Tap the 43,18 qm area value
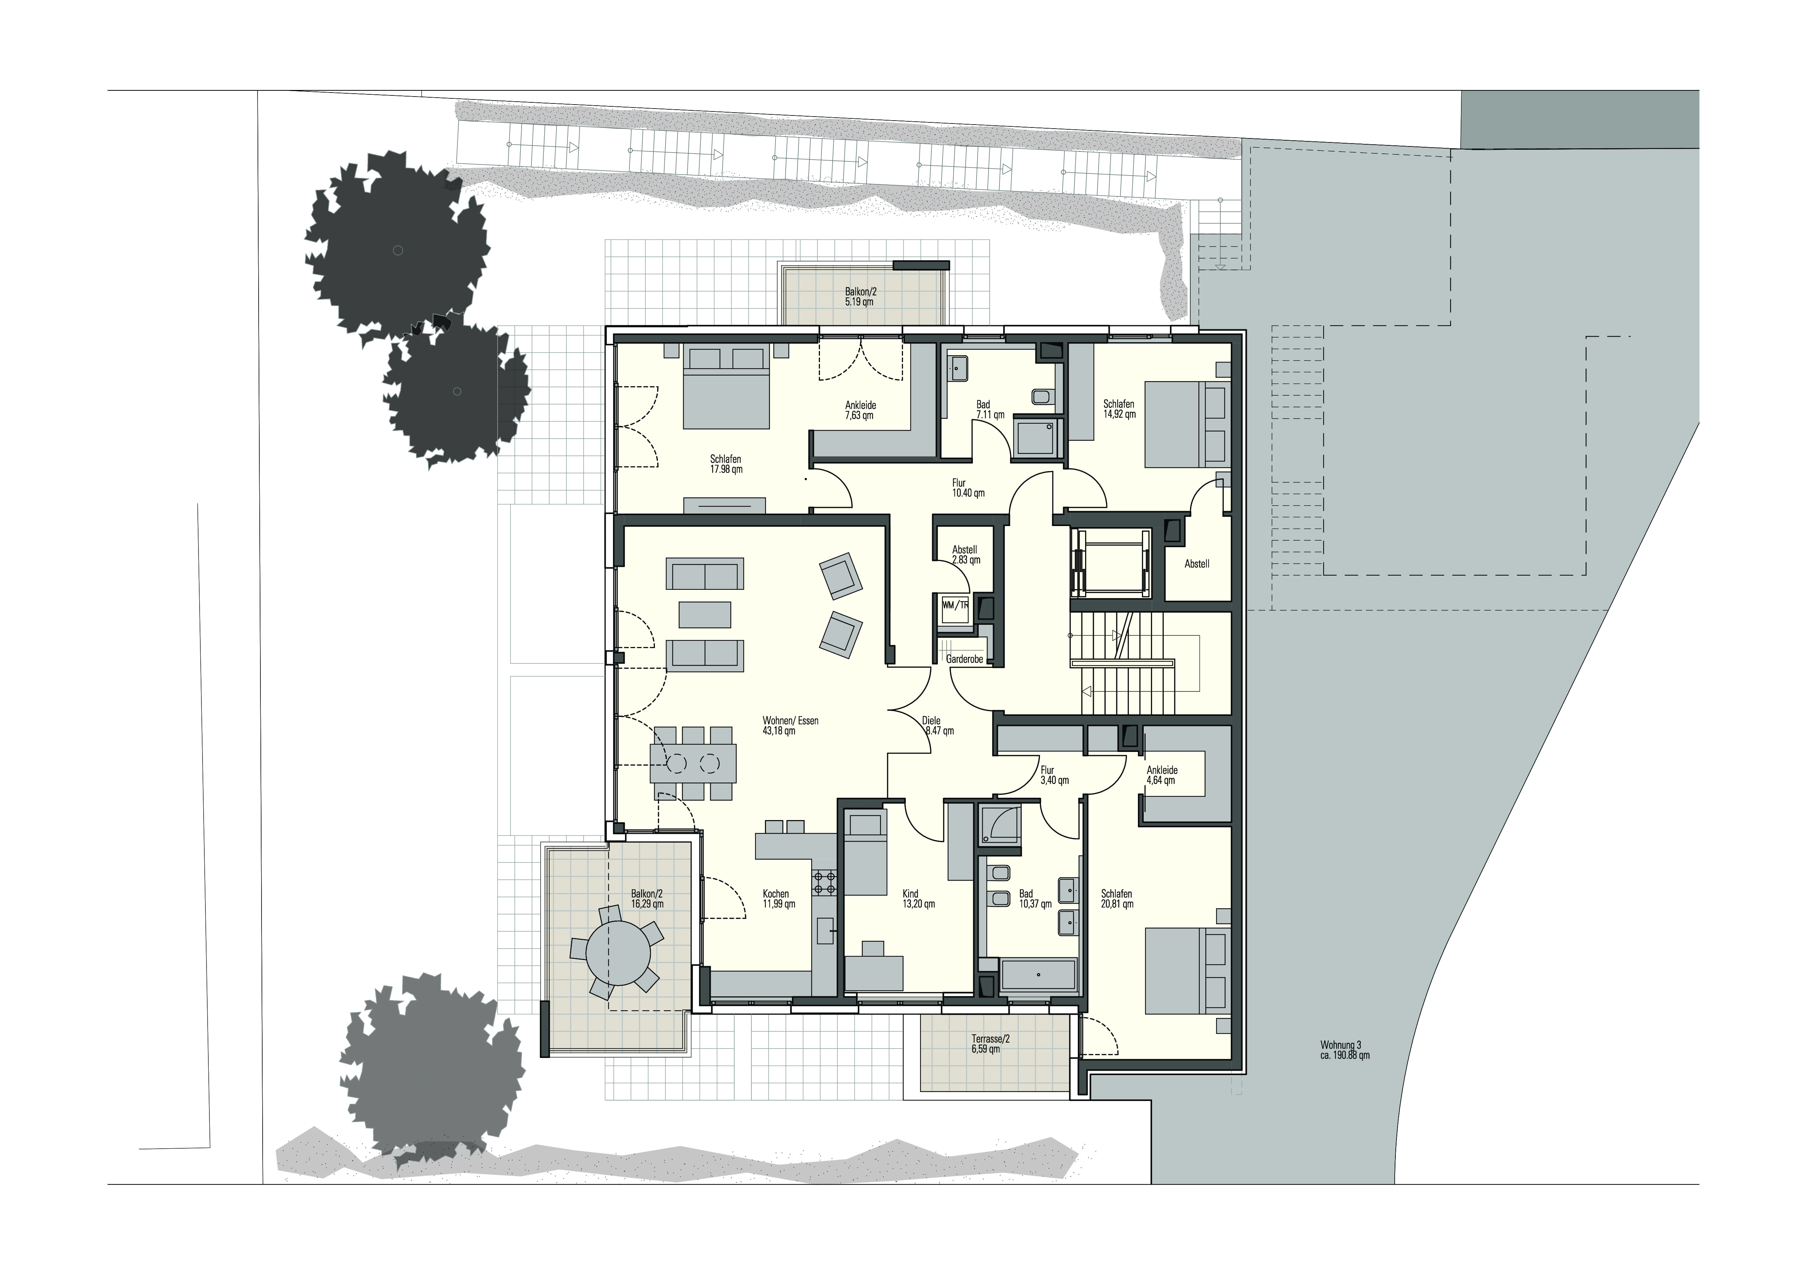[x=779, y=731]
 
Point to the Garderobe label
[x=965, y=659]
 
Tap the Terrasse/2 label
[x=990, y=1039]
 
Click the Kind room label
[x=911, y=894]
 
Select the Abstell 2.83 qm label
[x=965, y=555]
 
